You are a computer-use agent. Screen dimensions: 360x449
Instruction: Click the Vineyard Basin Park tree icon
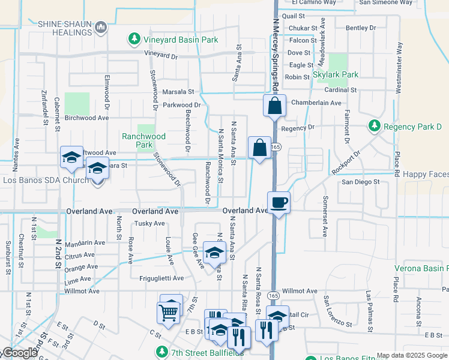[x=135, y=40]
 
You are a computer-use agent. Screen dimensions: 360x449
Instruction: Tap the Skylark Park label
[x=336, y=75]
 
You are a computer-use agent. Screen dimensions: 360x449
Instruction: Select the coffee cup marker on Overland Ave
[x=279, y=202]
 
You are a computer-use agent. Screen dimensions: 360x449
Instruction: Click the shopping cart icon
[x=167, y=312]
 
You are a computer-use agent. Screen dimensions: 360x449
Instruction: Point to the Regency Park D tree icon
[x=375, y=126]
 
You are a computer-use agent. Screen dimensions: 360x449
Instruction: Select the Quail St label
[x=297, y=17]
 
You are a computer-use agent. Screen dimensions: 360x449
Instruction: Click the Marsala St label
[x=178, y=92]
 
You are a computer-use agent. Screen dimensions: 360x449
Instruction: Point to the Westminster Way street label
[x=398, y=67]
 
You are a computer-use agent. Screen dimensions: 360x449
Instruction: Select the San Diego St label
[x=361, y=182]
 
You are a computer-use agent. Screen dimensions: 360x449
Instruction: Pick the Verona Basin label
[x=421, y=269]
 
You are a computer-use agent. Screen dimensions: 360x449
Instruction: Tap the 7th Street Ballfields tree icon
[x=161, y=351]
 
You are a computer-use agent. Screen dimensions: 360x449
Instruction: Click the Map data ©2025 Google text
[x=411, y=355]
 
